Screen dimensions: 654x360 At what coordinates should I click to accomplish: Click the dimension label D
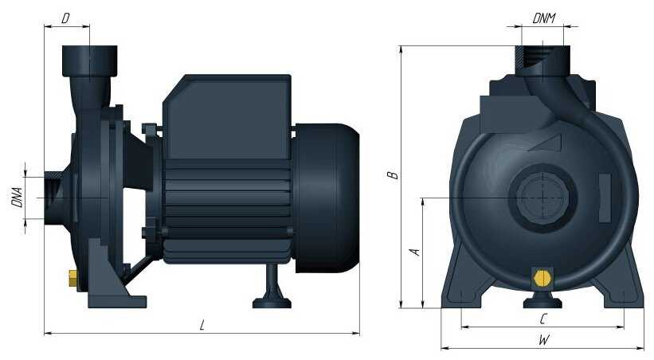point(65,19)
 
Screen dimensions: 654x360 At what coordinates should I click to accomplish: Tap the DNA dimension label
point(17,198)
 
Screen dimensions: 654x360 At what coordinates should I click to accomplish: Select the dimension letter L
point(202,325)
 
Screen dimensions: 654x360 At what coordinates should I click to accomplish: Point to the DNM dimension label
point(544,19)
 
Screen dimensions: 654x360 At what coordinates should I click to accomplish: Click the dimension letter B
point(393,175)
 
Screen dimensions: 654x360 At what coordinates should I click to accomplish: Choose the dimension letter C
point(542,319)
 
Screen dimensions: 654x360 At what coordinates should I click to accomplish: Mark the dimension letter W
point(544,339)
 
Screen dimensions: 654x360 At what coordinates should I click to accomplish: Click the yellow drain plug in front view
point(542,279)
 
